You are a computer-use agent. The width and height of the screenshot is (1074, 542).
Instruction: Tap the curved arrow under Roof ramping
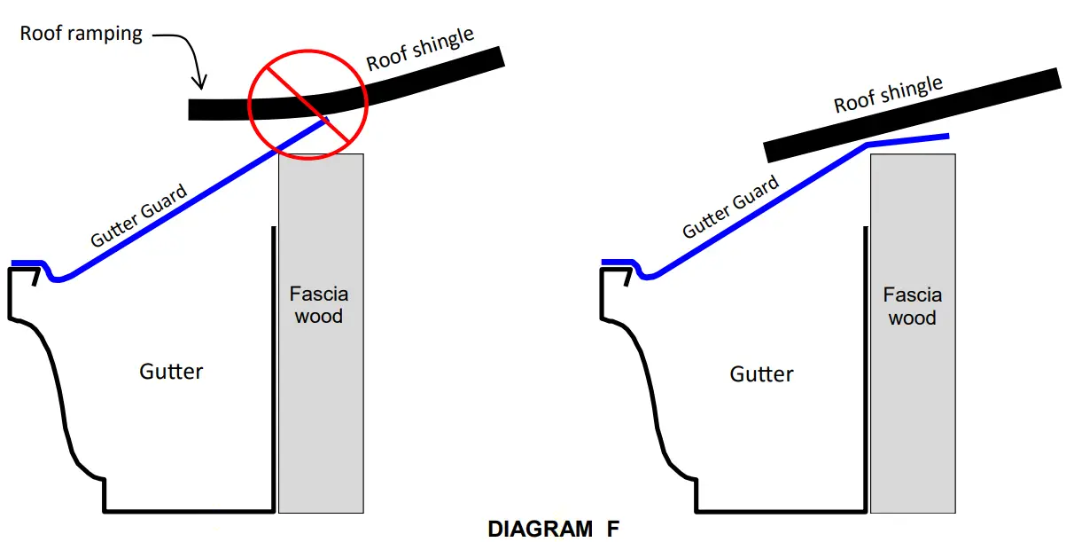coord(187,55)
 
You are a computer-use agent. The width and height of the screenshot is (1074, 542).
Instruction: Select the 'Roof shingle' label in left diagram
coord(420,49)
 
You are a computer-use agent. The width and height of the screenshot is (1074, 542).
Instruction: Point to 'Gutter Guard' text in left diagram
coord(139,216)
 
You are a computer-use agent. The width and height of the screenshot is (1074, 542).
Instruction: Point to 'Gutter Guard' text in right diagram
coord(730,207)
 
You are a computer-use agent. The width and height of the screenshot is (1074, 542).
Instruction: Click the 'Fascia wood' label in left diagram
coord(319,304)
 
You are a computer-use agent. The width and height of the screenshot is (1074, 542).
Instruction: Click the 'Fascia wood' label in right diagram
coord(912,306)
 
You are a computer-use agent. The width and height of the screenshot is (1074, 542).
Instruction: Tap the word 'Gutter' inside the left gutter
coord(171,371)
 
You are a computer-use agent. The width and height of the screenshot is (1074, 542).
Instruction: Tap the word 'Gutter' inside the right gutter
coord(761,373)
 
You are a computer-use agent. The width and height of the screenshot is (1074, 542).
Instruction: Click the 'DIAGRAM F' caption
coord(553,529)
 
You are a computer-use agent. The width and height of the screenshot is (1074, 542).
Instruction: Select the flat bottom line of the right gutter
coord(780,511)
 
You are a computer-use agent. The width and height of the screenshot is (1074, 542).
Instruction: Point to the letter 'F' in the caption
coord(612,529)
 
